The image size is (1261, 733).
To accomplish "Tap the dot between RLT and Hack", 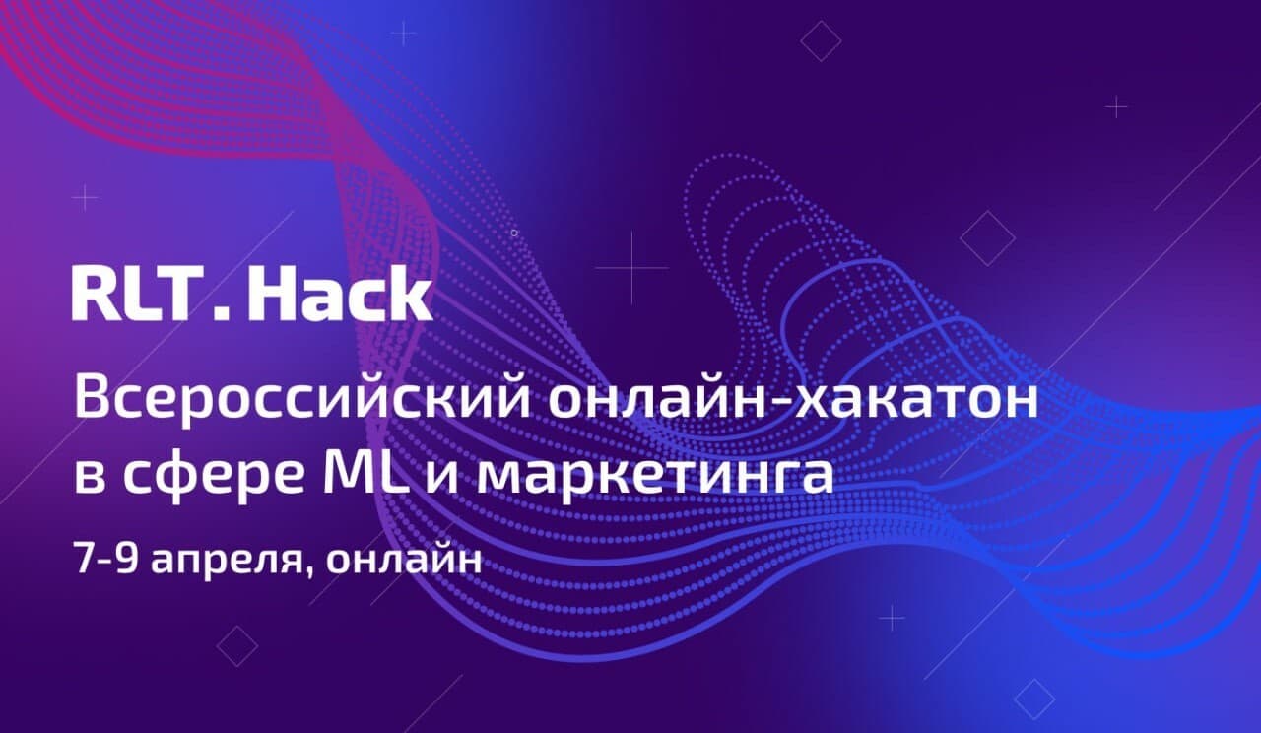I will click(221, 312).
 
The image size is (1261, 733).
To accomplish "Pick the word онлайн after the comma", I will click(403, 557).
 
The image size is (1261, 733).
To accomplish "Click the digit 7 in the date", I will click(83, 556).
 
